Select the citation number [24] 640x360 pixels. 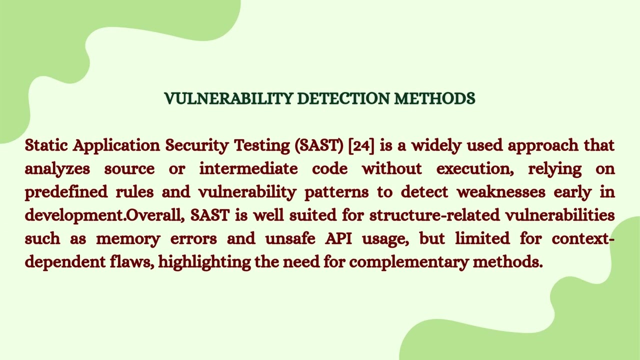(361, 145)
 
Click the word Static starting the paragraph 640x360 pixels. (45, 145)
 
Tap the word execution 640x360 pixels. (475, 169)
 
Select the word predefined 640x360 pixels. (66, 192)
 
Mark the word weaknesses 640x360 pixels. (501, 192)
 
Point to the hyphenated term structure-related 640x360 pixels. (434, 215)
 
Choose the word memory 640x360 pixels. (128, 239)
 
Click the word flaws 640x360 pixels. (131, 261)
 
